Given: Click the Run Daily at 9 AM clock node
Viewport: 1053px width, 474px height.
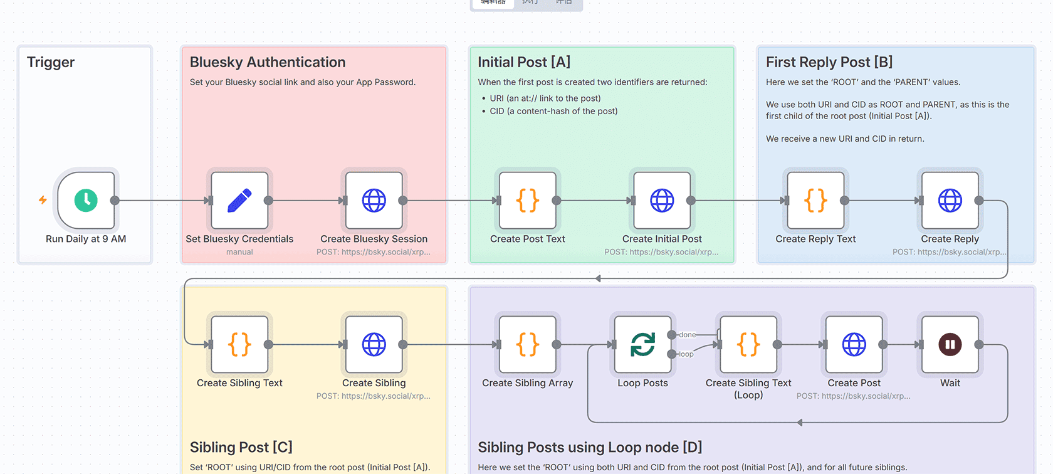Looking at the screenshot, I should click(x=86, y=201).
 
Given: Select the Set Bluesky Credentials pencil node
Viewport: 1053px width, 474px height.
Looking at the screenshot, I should click(x=239, y=201).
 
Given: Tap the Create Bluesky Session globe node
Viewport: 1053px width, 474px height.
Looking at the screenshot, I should click(x=374, y=201).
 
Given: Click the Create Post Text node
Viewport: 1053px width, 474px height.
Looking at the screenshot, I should click(x=528, y=201).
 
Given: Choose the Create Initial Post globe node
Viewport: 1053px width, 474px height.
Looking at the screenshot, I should click(x=662, y=201).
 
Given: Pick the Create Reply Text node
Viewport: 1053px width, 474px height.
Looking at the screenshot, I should click(x=815, y=201).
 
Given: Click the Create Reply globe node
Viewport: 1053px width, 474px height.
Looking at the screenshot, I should click(x=950, y=201).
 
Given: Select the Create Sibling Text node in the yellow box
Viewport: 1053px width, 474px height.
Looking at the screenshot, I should click(x=239, y=344).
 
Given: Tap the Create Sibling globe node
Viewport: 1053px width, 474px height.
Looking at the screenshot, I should click(x=374, y=344).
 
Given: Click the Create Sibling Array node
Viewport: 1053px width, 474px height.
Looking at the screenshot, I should click(x=528, y=344).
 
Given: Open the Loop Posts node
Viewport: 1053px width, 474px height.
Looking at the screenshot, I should click(x=642, y=344).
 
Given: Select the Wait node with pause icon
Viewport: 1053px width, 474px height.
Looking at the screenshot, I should click(x=950, y=344).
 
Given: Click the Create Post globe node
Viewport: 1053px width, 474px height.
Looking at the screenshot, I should click(x=854, y=344).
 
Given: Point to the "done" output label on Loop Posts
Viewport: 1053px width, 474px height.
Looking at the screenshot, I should click(x=688, y=335).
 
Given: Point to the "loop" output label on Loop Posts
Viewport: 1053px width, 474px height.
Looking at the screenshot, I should click(x=686, y=354).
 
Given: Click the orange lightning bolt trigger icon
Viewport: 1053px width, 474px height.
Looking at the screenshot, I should click(x=43, y=200).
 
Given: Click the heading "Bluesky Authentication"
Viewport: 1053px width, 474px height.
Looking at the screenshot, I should click(x=268, y=62).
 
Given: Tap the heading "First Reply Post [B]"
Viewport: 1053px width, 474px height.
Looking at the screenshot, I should click(x=829, y=62).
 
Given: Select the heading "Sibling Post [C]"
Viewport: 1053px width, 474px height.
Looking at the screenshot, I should click(x=241, y=447).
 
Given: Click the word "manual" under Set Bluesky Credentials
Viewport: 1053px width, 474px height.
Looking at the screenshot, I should click(x=239, y=252).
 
